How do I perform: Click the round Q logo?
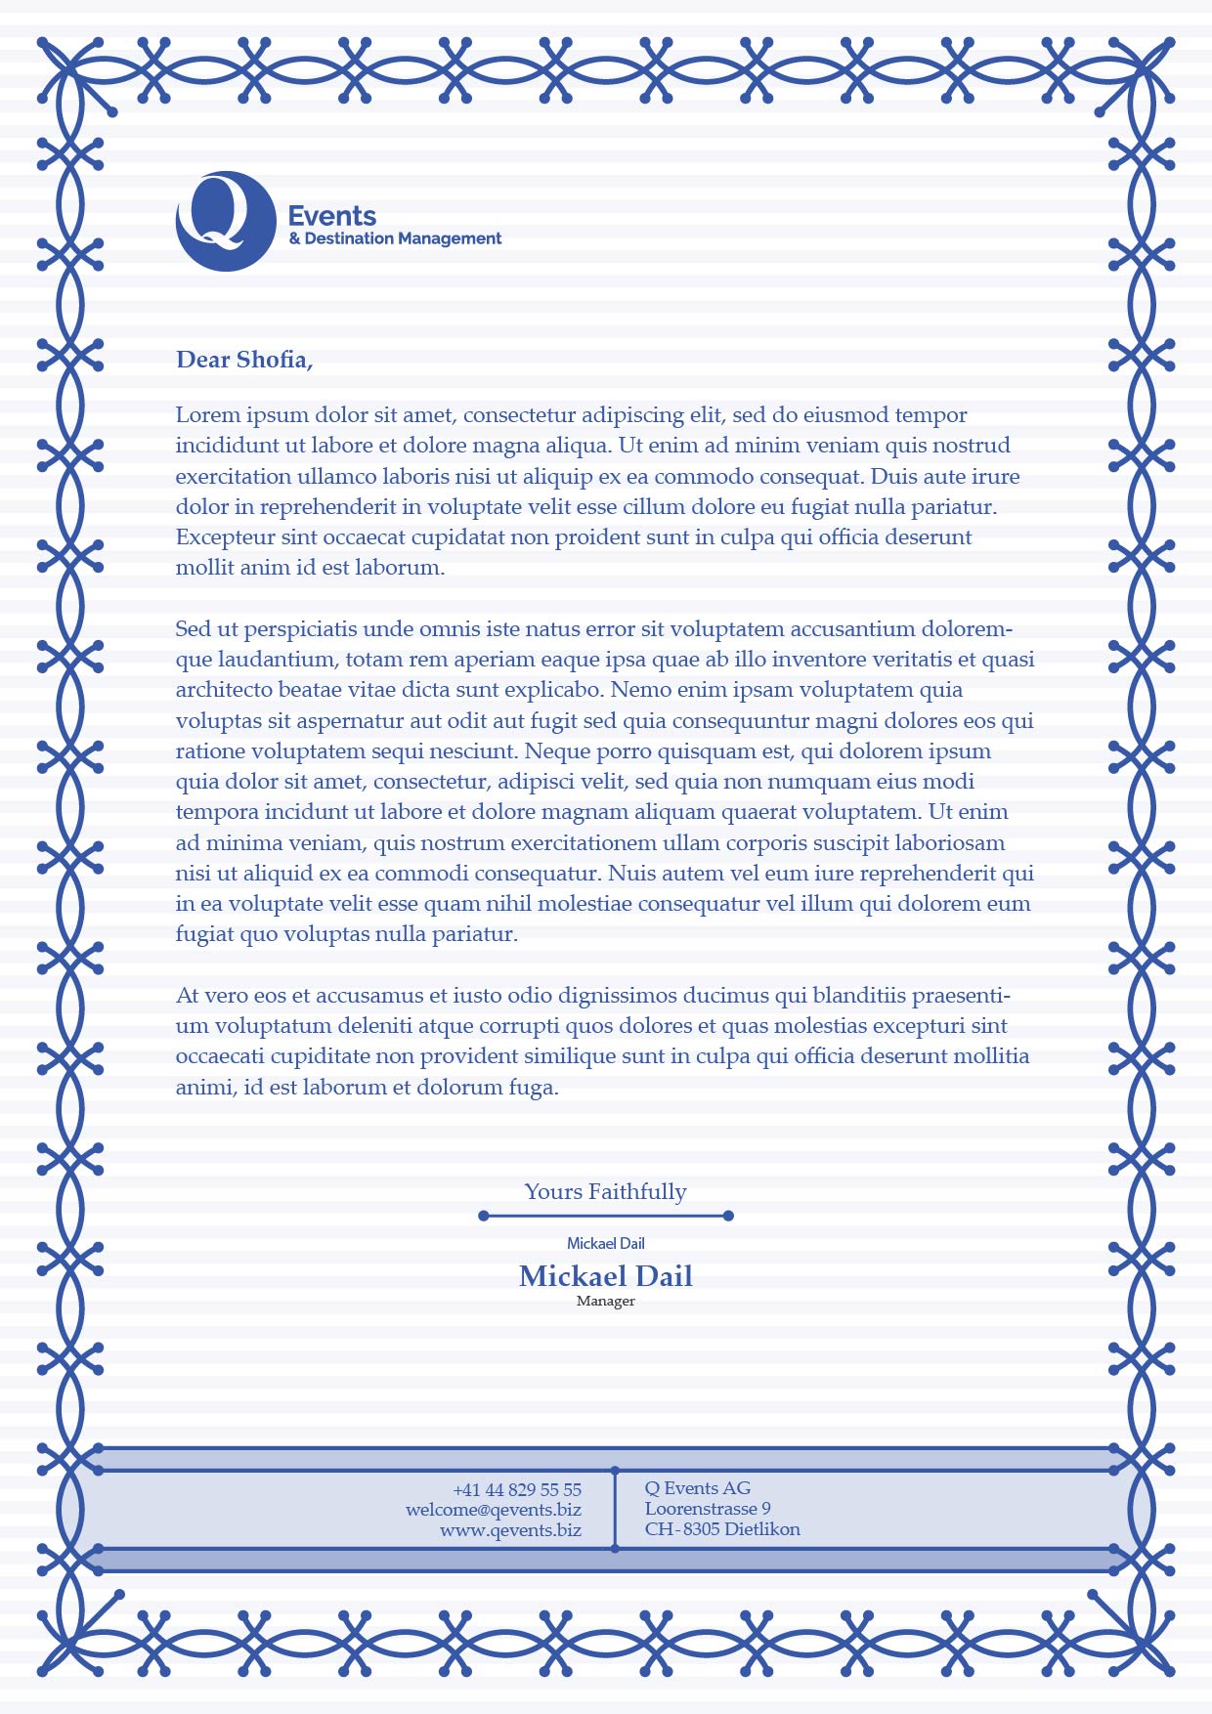(226, 221)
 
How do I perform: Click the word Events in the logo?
(332, 216)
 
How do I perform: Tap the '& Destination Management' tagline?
(395, 238)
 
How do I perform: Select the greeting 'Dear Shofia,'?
(244, 360)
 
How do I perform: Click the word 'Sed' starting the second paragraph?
(193, 629)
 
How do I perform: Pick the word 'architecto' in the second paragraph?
(224, 690)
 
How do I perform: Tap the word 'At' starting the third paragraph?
(187, 996)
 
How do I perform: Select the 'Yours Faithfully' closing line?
(605, 1191)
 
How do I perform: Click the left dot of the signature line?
(484, 1216)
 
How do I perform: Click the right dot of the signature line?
(728, 1216)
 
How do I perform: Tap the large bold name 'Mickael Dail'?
(605, 1276)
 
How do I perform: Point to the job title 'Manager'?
(605, 1302)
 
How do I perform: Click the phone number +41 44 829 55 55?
(517, 1490)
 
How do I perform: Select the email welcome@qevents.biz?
(494, 1510)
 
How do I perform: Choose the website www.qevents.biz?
(510, 1530)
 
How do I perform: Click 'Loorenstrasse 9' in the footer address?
(708, 1509)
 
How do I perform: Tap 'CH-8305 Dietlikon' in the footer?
(722, 1529)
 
